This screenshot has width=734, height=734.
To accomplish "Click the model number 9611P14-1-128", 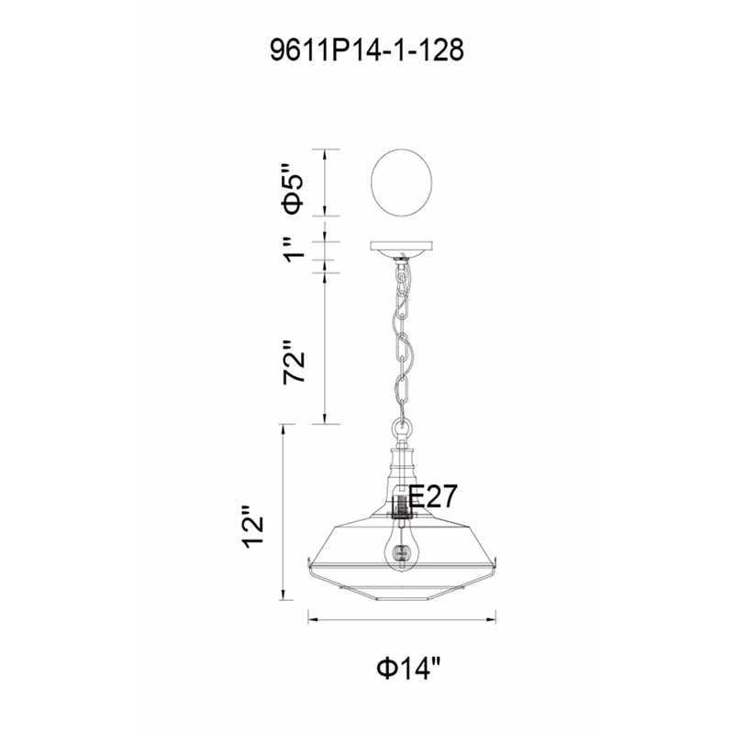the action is coord(367,50).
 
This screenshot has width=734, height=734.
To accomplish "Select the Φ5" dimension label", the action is coord(293,188).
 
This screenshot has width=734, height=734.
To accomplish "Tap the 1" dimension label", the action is coord(295,249).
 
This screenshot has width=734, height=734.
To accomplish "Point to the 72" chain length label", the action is coord(294,361).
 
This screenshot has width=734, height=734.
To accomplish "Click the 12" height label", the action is coord(253,526).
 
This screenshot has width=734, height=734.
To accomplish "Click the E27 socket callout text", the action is coord(432,496).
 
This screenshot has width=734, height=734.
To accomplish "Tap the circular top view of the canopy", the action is coord(402,183).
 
